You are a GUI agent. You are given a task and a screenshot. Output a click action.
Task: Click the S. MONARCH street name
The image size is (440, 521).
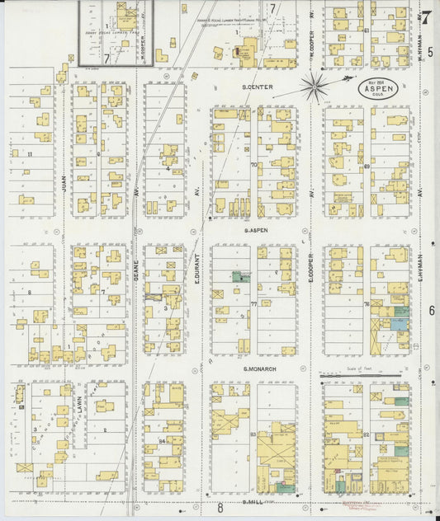coord(258,369)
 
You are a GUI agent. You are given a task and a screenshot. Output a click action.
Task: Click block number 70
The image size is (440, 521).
coord(254,165)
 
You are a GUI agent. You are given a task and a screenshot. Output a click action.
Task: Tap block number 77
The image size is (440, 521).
coord(254,304)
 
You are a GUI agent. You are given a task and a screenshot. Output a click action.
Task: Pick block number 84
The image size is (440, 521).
coord(163,442)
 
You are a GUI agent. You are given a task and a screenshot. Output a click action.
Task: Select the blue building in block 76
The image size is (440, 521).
coord(399,324)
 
